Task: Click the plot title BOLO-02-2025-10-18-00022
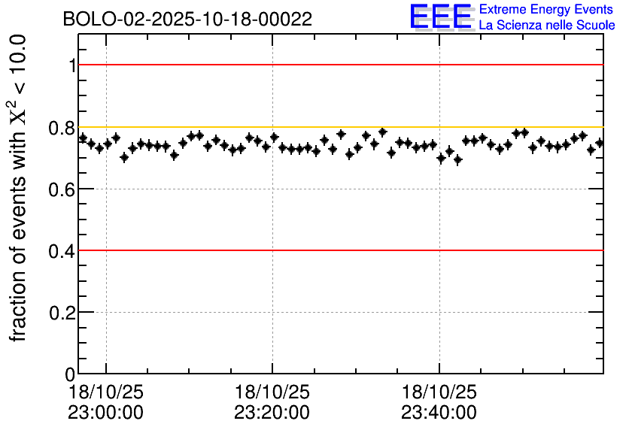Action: click(x=187, y=20)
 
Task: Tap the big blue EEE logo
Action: click(x=441, y=17)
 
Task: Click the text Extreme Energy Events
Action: click(x=546, y=10)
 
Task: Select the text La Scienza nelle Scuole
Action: click(x=546, y=25)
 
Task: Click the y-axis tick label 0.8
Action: click(x=63, y=128)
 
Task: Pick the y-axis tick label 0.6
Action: click(x=63, y=189)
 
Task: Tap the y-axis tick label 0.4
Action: click(x=63, y=251)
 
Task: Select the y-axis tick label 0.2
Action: click(x=63, y=313)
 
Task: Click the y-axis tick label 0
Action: click(x=71, y=374)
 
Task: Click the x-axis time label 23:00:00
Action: click(x=105, y=413)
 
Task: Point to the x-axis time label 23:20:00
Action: click(x=272, y=413)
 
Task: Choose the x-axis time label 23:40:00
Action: click(x=439, y=413)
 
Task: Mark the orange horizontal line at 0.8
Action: click(x=339, y=126)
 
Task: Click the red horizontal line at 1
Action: click(x=339, y=65)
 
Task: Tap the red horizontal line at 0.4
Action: click(x=339, y=250)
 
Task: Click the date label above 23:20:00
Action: click(x=272, y=392)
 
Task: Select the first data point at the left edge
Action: click(x=83, y=138)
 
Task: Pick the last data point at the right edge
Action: click(x=600, y=143)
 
